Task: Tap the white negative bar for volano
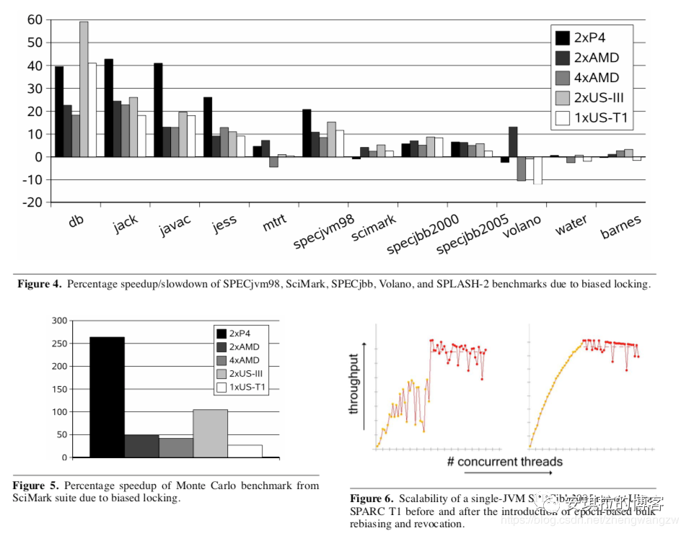point(537,170)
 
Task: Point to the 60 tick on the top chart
point(34,19)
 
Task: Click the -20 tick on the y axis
point(32,202)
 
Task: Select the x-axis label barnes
point(620,226)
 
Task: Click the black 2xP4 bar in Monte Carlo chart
point(107,397)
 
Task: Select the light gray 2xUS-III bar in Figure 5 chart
point(210,433)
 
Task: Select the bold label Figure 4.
point(40,284)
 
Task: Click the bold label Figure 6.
point(371,498)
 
